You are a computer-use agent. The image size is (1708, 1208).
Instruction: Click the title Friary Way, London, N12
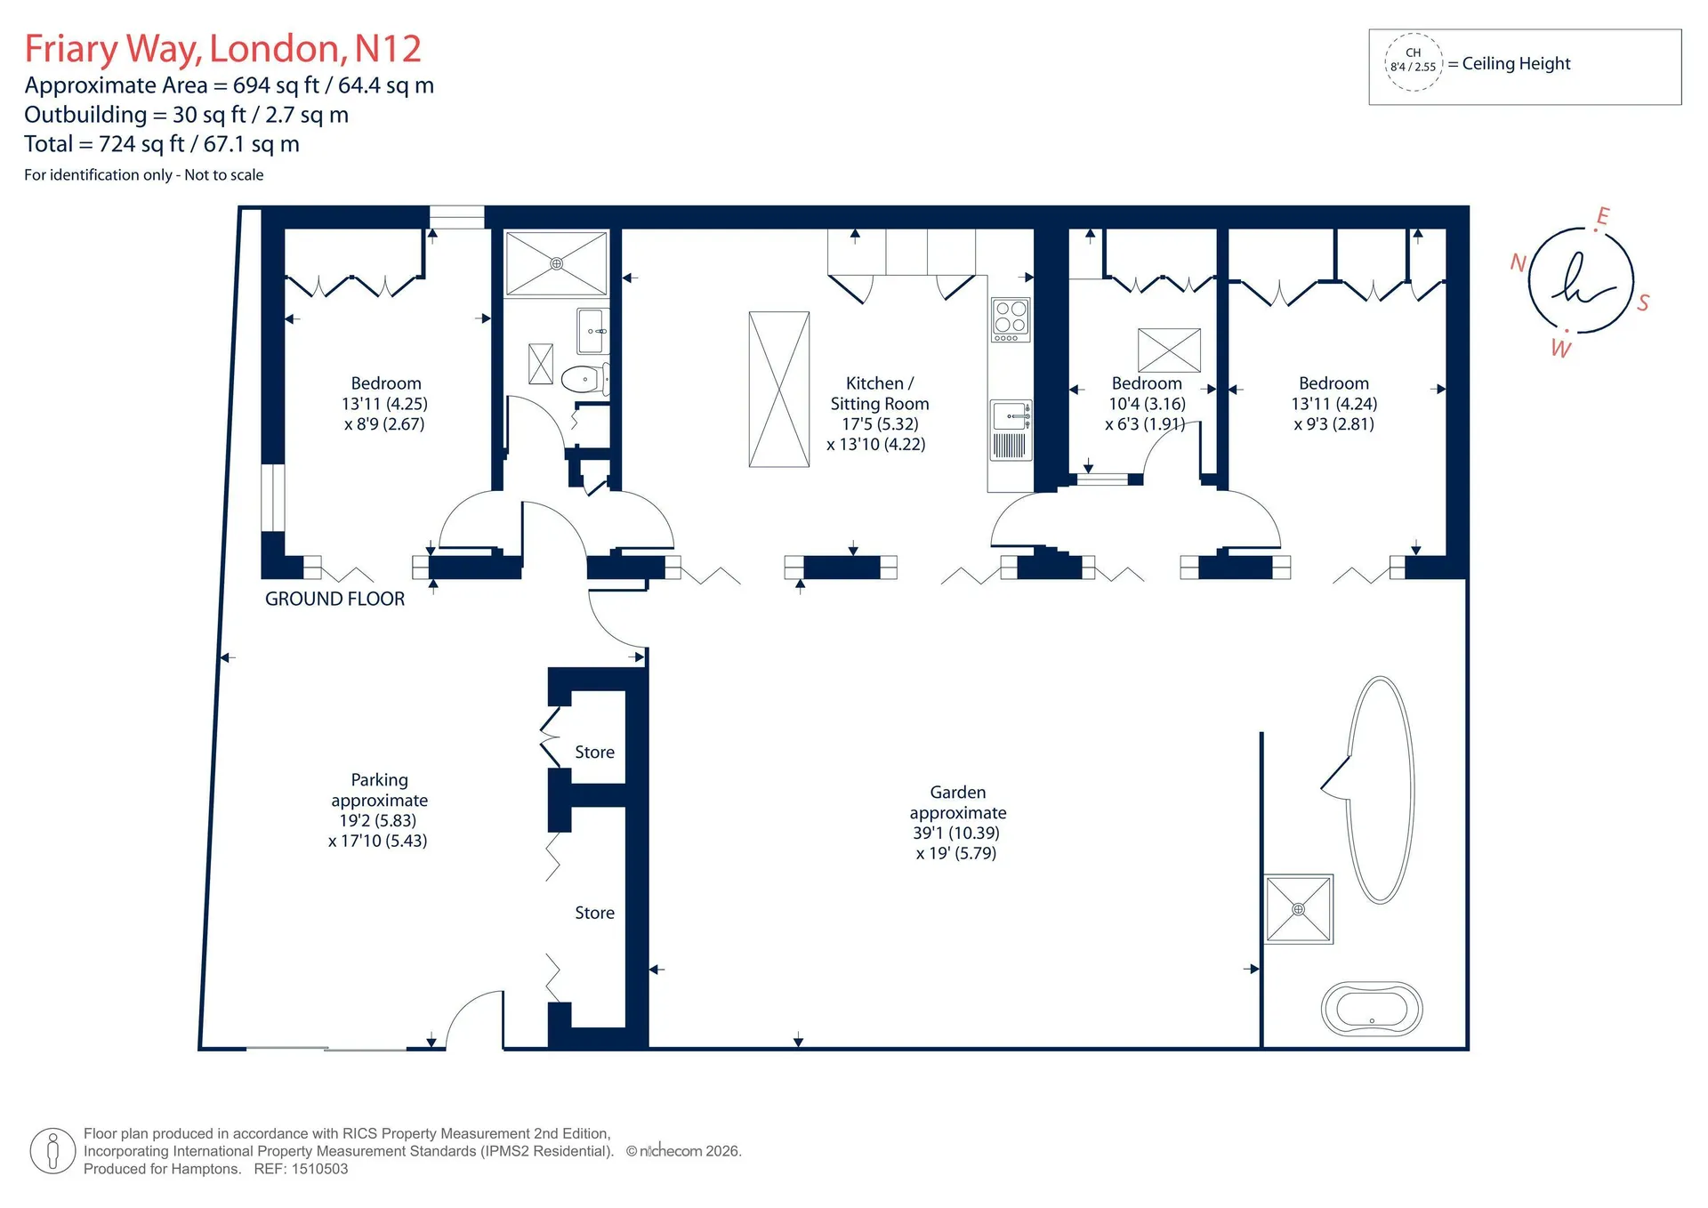click(x=222, y=49)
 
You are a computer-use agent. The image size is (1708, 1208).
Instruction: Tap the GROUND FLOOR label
click(x=334, y=599)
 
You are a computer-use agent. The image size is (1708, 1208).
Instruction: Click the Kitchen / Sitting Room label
click(x=878, y=414)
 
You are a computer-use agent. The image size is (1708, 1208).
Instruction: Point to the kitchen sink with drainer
click(x=1011, y=430)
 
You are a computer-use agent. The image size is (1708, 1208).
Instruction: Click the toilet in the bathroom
click(x=585, y=379)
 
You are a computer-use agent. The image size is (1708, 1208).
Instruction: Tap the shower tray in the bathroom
click(x=556, y=263)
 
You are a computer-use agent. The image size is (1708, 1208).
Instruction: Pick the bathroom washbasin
click(x=593, y=331)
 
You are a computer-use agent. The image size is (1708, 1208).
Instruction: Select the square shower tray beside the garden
click(x=1299, y=909)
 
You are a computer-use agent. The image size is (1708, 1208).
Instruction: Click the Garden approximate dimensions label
click(x=958, y=823)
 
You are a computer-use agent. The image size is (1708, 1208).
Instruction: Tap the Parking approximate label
click(x=379, y=810)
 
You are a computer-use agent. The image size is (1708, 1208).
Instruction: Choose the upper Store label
click(x=594, y=753)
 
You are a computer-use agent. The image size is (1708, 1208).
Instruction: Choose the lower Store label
click(x=594, y=913)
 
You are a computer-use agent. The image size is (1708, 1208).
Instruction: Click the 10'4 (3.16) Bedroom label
click(x=1147, y=404)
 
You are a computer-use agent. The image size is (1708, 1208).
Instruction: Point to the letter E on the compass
click(x=1603, y=216)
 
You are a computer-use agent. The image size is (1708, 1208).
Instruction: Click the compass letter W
click(x=1561, y=348)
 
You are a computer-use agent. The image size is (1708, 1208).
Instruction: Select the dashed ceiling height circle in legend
click(x=1413, y=61)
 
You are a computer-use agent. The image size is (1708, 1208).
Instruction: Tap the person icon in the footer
click(x=52, y=1151)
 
